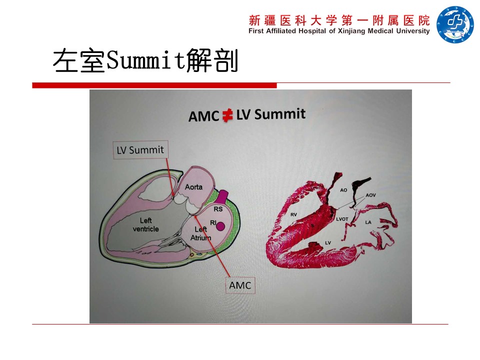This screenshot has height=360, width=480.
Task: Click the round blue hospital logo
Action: coord(455,24)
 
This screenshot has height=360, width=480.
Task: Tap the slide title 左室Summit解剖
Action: coord(145,60)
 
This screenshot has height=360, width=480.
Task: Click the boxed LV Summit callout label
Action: coord(140,149)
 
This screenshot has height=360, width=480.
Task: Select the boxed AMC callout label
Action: coord(240,285)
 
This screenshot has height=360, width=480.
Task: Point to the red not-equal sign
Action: coord(227,115)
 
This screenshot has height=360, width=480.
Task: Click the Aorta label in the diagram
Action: coord(193,186)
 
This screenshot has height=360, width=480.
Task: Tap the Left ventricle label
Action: coord(145,224)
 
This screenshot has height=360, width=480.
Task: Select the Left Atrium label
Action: coord(201,233)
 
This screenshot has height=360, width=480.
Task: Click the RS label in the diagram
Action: coord(218,209)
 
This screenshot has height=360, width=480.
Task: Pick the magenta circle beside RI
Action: coord(220,226)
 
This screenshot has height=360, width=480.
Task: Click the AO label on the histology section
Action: coord(343,190)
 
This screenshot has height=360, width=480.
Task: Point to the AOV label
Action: coord(370,195)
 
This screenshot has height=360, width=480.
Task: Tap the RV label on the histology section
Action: coord(293,214)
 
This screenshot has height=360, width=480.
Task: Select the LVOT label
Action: coord(342,219)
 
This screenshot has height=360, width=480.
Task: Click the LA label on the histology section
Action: coord(368,222)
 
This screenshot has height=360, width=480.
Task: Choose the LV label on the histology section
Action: coord(328,243)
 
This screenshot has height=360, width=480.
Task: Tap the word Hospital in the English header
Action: coord(312,31)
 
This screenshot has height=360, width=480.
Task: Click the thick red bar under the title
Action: coord(154,85)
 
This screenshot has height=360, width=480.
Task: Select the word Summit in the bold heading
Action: coord(280,114)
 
